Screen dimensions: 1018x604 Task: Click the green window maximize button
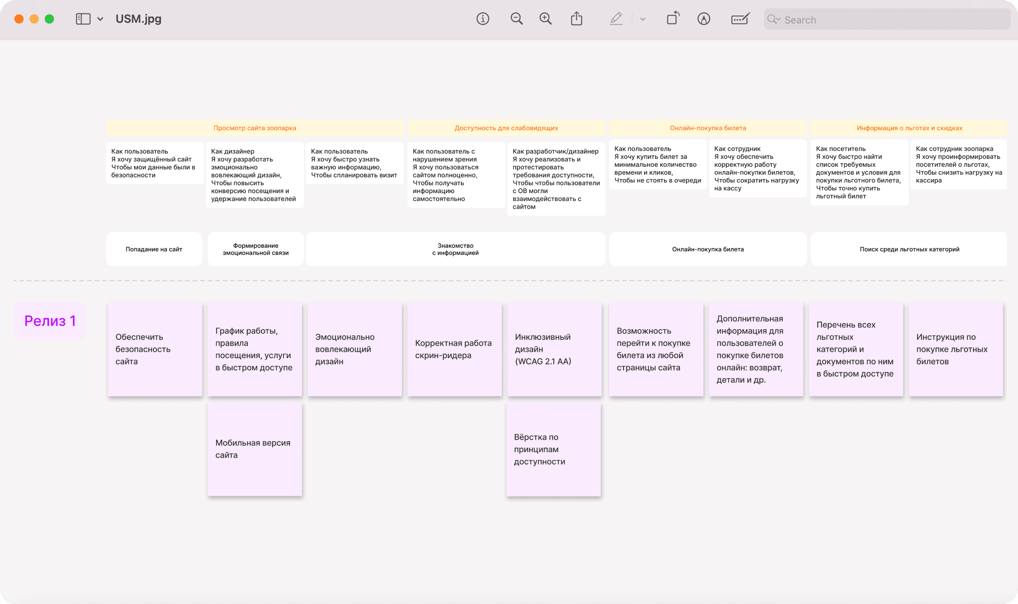tap(49, 19)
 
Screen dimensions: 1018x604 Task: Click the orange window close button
tap(19, 19)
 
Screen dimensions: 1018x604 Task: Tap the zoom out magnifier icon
tap(516, 19)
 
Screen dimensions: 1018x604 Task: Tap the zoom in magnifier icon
tap(545, 19)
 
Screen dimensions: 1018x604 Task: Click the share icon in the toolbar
tap(577, 18)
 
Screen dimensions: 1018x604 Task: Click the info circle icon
tap(482, 19)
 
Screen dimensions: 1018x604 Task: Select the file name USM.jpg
tap(138, 19)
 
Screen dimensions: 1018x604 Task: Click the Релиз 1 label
tap(50, 321)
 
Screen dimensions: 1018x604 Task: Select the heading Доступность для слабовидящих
tap(506, 128)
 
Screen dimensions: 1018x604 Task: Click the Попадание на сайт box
tap(154, 249)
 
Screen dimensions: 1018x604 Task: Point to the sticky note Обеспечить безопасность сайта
tap(155, 349)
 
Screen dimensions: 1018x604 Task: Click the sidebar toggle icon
tap(83, 19)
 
